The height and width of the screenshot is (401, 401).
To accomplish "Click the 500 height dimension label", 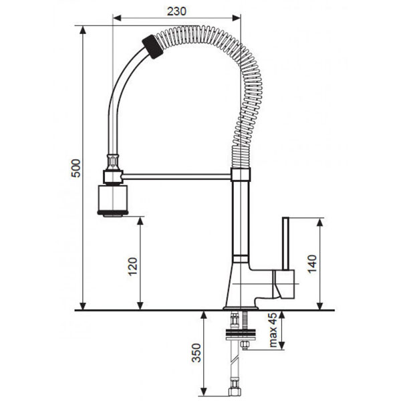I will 75,168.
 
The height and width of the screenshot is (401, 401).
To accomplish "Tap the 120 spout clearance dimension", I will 131,267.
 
